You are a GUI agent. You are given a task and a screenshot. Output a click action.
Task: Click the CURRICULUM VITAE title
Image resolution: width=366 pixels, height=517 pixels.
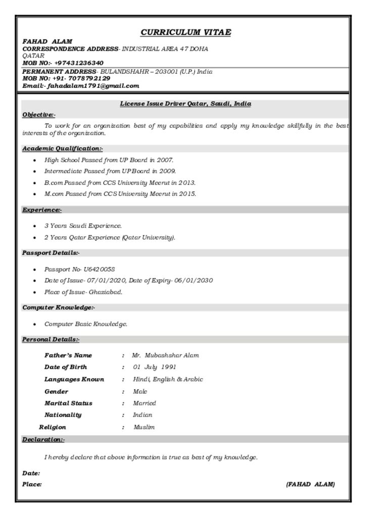[186, 33]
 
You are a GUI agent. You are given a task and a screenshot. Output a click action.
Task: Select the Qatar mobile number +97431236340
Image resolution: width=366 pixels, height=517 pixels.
[79, 63]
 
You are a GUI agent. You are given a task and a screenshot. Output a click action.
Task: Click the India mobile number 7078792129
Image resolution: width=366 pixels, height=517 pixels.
[89, 79]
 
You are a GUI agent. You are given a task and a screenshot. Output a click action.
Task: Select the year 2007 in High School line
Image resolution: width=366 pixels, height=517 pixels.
[165, 160]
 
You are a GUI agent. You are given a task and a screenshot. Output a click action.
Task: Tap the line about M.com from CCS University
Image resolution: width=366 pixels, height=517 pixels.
[120, 193]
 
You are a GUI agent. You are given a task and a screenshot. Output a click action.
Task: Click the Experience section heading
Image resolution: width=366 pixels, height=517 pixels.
[42, 210]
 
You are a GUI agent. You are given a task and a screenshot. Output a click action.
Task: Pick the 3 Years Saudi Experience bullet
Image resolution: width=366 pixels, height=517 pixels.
[83, 226]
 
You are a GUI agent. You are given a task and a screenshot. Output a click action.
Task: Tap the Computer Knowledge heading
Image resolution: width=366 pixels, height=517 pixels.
[59, 307]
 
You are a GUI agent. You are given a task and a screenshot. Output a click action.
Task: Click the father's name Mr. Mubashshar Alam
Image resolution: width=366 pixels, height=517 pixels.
[166, 355]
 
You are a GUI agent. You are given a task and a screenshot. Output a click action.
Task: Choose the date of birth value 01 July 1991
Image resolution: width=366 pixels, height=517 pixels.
[154, 367]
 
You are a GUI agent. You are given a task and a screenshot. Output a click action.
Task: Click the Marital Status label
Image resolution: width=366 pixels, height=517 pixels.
[68, 403]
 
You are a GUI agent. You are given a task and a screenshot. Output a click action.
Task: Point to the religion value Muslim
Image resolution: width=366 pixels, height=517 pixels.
[144, 427]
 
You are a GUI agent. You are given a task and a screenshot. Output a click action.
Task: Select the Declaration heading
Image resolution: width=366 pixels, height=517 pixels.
[43, 439]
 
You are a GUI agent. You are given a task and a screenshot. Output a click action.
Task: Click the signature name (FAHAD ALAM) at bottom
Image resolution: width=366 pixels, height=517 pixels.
[310, 484]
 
